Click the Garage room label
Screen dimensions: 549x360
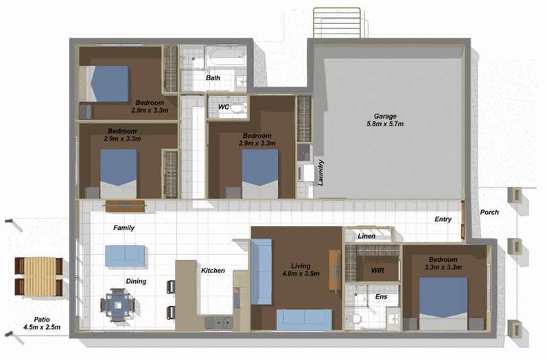(x=385, y=116)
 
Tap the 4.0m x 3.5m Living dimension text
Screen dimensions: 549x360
(x=301, y=274)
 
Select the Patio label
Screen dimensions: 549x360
(x=42, y=320)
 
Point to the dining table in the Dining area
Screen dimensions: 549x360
(x=118, y=304)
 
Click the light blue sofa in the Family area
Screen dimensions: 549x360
(x=125, y=256)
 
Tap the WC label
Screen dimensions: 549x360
(x=224, y=107)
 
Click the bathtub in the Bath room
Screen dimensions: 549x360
(x=225, y=56)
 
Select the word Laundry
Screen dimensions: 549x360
(x=320, y=173)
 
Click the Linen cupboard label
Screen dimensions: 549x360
(x=366, y=236)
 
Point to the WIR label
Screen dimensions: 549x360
(x=377, y=270)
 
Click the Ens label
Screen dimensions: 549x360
(x=382, y=297)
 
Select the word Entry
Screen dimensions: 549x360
(x=443, y=219)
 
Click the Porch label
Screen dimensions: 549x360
(x=489, y=212)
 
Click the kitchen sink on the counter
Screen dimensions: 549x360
(x=219, y=322)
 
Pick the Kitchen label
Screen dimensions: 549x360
(x=213, y=270)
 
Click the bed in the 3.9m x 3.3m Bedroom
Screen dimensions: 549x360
(x=260, y=174)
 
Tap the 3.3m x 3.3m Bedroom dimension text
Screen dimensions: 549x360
(x=443, y=267)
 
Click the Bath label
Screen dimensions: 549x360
(x=213, y=77)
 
